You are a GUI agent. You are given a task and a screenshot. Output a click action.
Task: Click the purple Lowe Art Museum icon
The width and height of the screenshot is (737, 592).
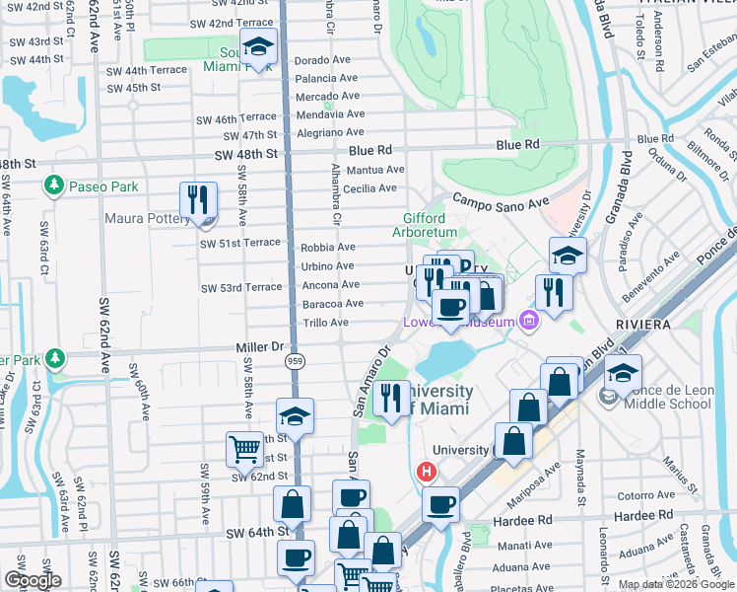point(529,321)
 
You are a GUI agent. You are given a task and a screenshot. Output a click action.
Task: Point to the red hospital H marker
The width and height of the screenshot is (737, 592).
point(427,473)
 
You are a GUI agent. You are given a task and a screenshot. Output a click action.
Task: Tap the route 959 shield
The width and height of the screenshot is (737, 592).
point(295,362)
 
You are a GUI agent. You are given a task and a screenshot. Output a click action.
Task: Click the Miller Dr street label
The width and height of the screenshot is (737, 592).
point(259,347)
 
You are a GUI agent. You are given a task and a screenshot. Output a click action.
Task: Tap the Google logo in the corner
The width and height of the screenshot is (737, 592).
point(34,580)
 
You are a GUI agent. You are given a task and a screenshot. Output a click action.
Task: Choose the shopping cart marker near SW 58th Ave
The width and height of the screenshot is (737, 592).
point(245,451)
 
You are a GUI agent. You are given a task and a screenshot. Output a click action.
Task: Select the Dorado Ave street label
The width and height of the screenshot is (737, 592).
point(323,59)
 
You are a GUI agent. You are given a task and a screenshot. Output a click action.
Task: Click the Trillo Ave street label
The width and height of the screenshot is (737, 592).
point(325,323)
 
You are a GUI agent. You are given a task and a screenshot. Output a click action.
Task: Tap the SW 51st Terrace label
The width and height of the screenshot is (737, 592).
point(240,244)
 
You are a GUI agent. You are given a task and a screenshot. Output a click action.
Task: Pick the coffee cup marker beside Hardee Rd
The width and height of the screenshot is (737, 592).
point(440,505)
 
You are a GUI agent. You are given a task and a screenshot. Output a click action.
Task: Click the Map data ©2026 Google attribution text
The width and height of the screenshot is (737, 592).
point(677,584)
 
